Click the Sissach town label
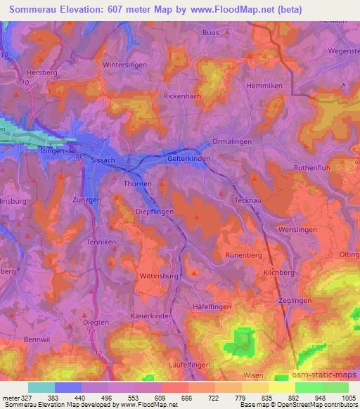[x=103, y=160]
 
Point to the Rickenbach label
[x=182, y=96]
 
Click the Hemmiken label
[x=264, y=85]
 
